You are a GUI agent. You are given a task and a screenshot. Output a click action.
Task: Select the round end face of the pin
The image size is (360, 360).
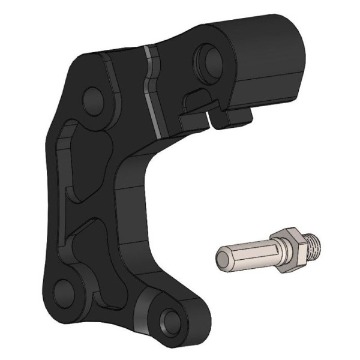(220, 257)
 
